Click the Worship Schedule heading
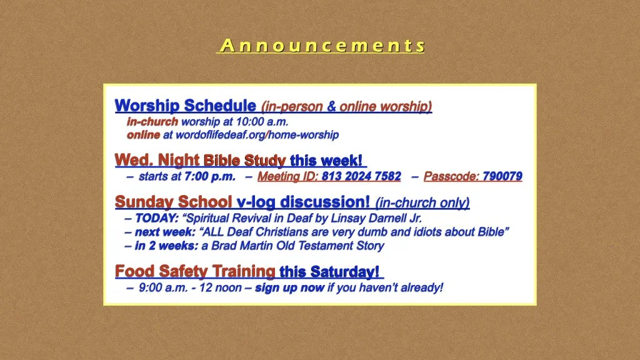point(185,105)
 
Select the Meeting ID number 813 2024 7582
point(361,176)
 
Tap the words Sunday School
point(174,202)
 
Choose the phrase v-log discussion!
point(303,202)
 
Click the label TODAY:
point(157,218)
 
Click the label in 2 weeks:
point(166,246)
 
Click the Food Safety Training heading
point(195,271)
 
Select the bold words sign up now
point(289,287)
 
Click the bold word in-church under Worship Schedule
point(152,121)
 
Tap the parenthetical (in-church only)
point(422,202)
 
